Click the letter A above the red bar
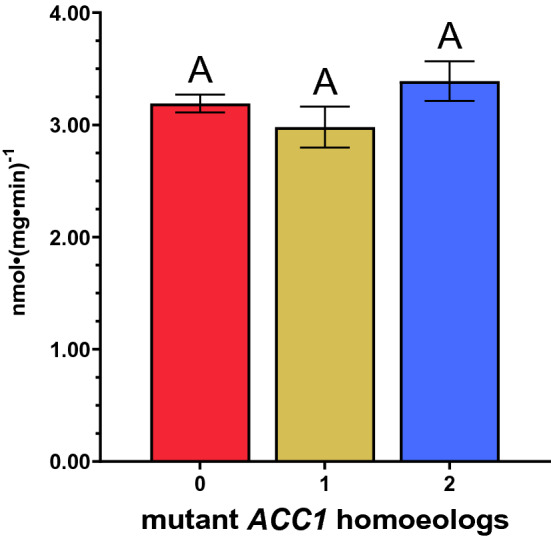tap(201, 70)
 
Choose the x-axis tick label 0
tap(201, 485)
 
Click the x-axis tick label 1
tap(325, 485)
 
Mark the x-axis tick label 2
tap(449, 485)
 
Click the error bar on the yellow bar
tap(325, 127)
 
